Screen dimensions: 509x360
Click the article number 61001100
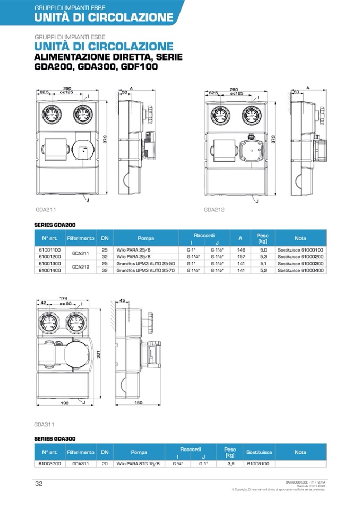[x=50, y=249]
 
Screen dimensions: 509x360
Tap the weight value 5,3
[x=262, y=256]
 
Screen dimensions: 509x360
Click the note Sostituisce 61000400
[x=300, y=270]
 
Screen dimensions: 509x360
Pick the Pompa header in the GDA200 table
[x=145, y=238]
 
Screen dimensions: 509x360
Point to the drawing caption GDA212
[x=214, y=210]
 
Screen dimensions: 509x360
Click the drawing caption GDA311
[x=44, y=425]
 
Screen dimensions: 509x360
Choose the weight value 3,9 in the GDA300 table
[x=230, y=463]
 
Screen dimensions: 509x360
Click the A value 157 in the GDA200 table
[x=241, y=256]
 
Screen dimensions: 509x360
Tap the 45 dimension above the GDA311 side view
[x=122, y=301]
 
